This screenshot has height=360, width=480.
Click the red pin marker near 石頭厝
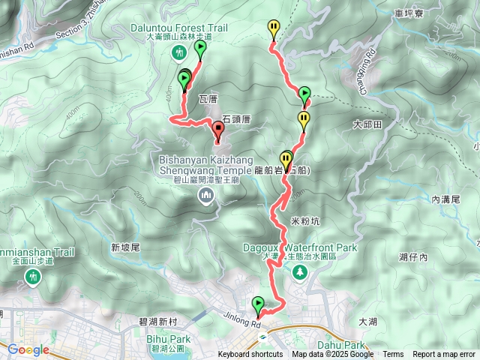[x=218, y=129]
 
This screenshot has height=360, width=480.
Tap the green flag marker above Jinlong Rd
[x=259, y=304]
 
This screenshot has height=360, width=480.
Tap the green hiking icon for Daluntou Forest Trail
[x=178, y=52]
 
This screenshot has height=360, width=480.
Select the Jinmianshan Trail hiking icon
[x=31, y=277]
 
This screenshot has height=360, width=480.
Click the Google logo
[x=28, y=349]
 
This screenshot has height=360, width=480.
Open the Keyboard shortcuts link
[x=251, y=355]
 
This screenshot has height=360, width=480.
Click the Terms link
[x=393, y=355]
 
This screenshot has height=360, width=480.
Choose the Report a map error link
[x=444, y=355]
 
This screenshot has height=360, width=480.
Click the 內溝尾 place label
[x=445, y=199]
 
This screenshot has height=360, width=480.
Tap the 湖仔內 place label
[x=413, y=257]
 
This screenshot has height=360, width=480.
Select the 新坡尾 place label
[x=125, y=247]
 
